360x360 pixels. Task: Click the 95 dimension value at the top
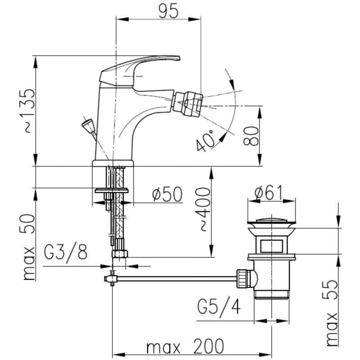(x=168, y=11)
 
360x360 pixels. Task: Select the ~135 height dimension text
(x=27, y=111)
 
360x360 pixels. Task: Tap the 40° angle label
(x=206, y=140)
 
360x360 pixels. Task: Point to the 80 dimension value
(x=251, y=136)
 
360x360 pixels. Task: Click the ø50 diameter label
(x=167, y=194)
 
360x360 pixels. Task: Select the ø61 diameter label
(x=268, y=193)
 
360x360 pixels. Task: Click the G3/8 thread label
(x=66, y=252)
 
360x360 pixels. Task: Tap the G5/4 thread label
(x=219, y=307)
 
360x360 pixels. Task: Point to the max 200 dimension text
(x=185, y=346)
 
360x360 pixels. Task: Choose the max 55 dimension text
(x=331, y=313)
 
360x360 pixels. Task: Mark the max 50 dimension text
(x=29, y=247)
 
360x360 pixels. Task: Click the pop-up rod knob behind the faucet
(x=87, y=124)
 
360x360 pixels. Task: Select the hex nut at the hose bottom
(x=120, y=254)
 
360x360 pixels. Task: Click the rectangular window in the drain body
(x=271, y=246)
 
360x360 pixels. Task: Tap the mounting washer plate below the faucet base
(x=112, y=190)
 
